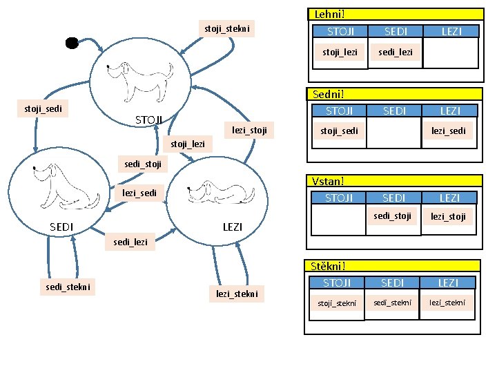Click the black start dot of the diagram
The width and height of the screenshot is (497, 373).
tap(72, 43)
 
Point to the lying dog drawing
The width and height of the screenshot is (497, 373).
tap(222, 191)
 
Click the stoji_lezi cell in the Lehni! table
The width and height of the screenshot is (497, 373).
tap(340, 52)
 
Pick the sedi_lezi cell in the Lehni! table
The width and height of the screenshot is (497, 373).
tap(396, 52)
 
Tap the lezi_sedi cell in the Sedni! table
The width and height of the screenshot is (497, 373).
tap(449, 131)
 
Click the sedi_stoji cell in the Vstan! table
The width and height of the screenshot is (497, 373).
tap(393, 216)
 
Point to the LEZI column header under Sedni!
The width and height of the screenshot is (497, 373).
tap(449, 111)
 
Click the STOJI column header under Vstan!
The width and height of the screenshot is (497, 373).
tap(339, 198)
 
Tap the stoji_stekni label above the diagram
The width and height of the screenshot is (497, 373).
tap(227, 28)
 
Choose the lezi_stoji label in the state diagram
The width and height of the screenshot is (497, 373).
tap(249, 130)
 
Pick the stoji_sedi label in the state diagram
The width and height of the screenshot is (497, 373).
tap(43, 108)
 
